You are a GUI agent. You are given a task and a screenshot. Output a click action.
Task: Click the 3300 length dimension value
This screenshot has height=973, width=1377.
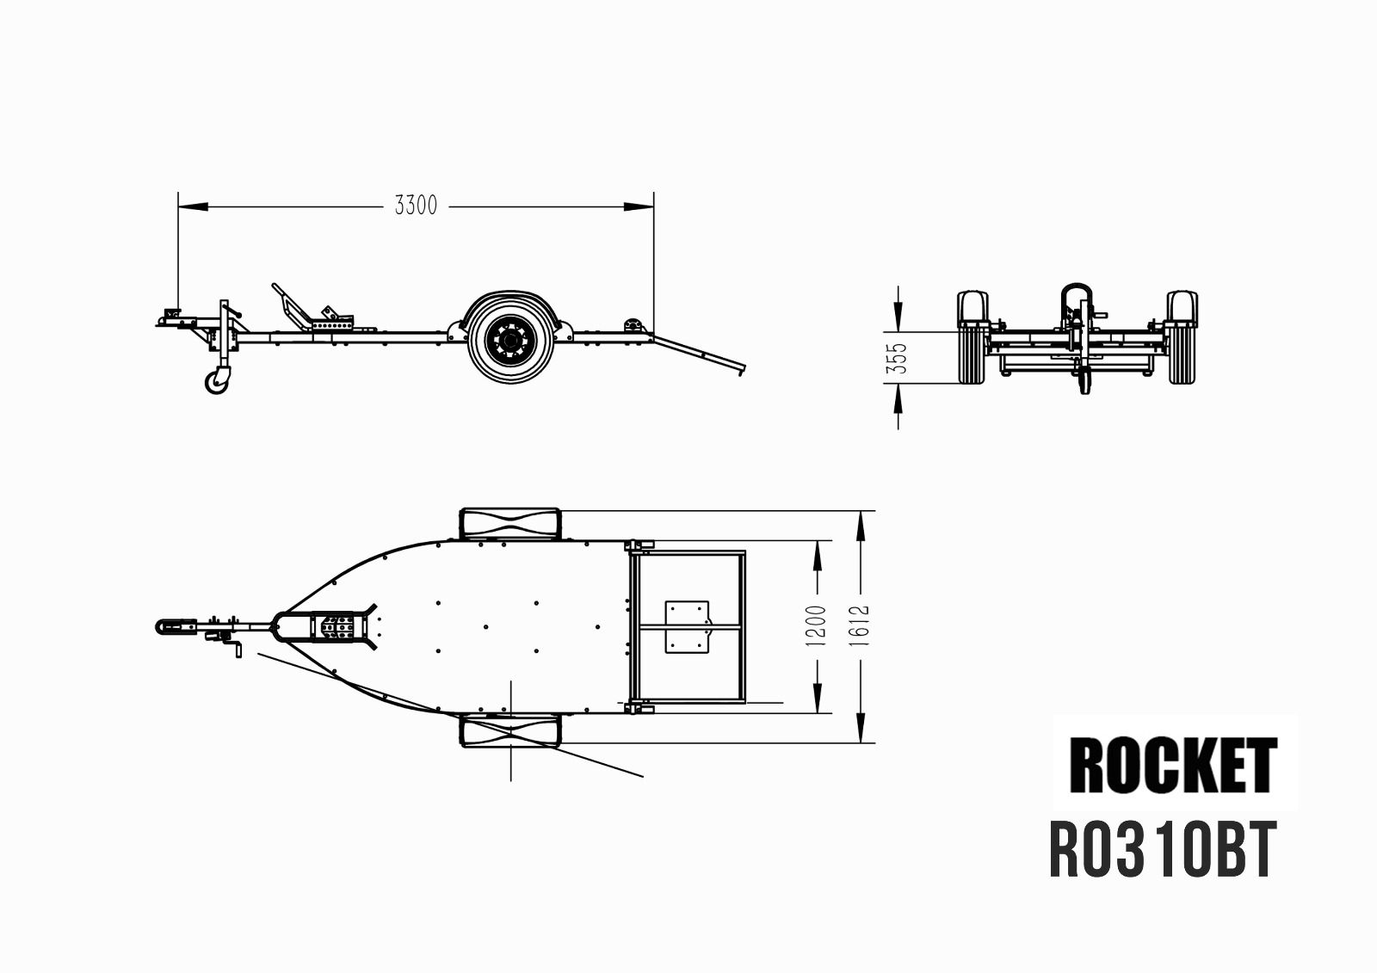tap(416, 206)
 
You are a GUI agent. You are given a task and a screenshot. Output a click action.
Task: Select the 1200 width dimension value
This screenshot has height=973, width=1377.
tap(816, 625)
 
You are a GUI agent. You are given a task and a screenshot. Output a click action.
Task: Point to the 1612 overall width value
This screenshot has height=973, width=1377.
tap(859, 625)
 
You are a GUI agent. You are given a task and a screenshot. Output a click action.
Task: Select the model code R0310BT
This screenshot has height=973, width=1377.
tap(1163, 851)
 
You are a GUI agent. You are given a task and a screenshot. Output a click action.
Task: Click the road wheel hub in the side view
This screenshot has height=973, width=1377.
tap(509, 339)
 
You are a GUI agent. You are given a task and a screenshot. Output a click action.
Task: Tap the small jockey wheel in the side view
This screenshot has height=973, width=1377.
tap(217, 380)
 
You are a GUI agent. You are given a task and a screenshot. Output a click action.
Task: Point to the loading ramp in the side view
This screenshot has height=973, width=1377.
tap(698, 354)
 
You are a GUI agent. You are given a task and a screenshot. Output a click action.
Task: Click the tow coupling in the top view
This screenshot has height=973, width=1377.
tap(176, 627)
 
